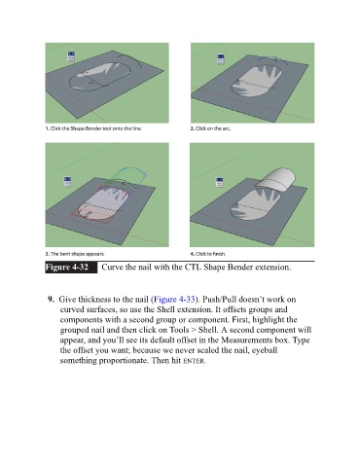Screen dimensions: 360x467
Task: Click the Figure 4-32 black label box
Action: coord(71,268)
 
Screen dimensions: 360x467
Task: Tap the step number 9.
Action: coord(51,299)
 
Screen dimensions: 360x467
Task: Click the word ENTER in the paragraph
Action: coord(194,361)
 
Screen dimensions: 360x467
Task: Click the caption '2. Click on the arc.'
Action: coord(210,128)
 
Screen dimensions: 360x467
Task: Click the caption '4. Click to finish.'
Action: coord(208,254)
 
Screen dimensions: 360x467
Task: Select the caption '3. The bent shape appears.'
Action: coord(75,254)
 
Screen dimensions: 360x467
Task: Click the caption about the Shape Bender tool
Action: coord(93,128)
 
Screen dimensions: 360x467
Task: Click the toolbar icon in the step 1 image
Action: coord(71,56)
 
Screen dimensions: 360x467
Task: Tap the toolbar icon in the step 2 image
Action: coord(221,59)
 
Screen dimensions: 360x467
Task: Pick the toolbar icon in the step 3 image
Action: coord(67,182)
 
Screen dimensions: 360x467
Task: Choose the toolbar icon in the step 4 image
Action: coord(219,182)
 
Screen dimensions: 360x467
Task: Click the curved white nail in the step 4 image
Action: coord(275,179)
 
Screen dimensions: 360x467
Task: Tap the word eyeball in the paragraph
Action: coord(265,350)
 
